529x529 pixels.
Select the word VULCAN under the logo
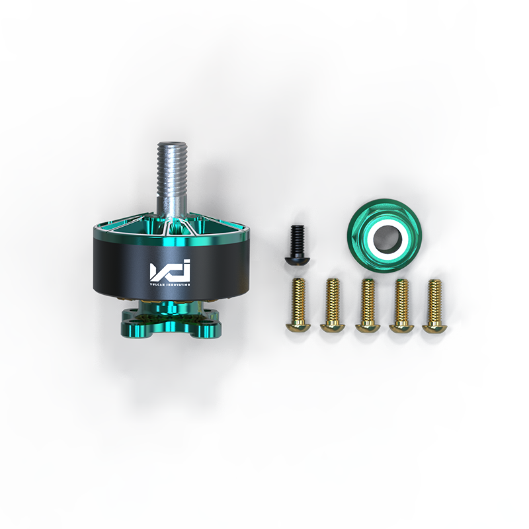pos(158,284)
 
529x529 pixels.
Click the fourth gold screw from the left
pos(400,304)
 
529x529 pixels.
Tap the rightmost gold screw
pos(434,304)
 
